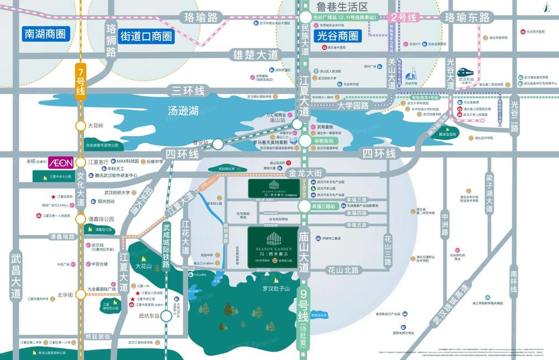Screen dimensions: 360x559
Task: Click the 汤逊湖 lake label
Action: tap(184, 111)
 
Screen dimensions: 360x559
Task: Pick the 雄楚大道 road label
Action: tap(254, 55)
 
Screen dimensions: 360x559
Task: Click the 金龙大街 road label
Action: tap(306, 173)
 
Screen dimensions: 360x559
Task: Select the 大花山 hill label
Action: tap(144, 266)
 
